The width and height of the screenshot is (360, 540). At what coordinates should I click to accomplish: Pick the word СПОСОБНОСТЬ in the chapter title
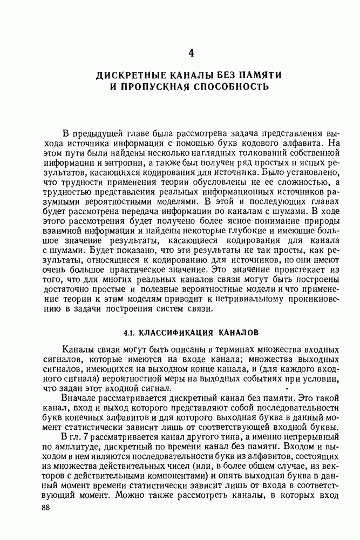pos(229,86)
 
